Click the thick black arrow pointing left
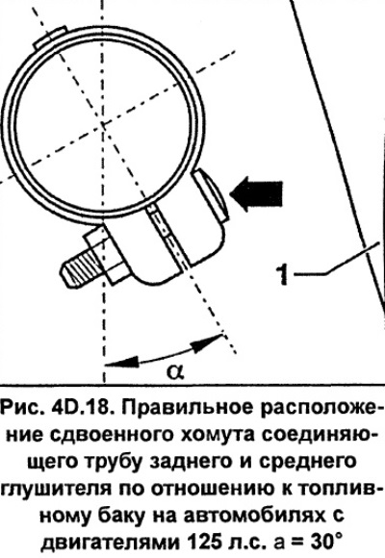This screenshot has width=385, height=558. [257, 194]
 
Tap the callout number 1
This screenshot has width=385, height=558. [282, 273]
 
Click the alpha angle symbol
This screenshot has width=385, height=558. [175, 371]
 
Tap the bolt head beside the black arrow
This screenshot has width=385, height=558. [211, 195]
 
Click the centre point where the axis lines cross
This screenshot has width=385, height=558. [103, 124]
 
